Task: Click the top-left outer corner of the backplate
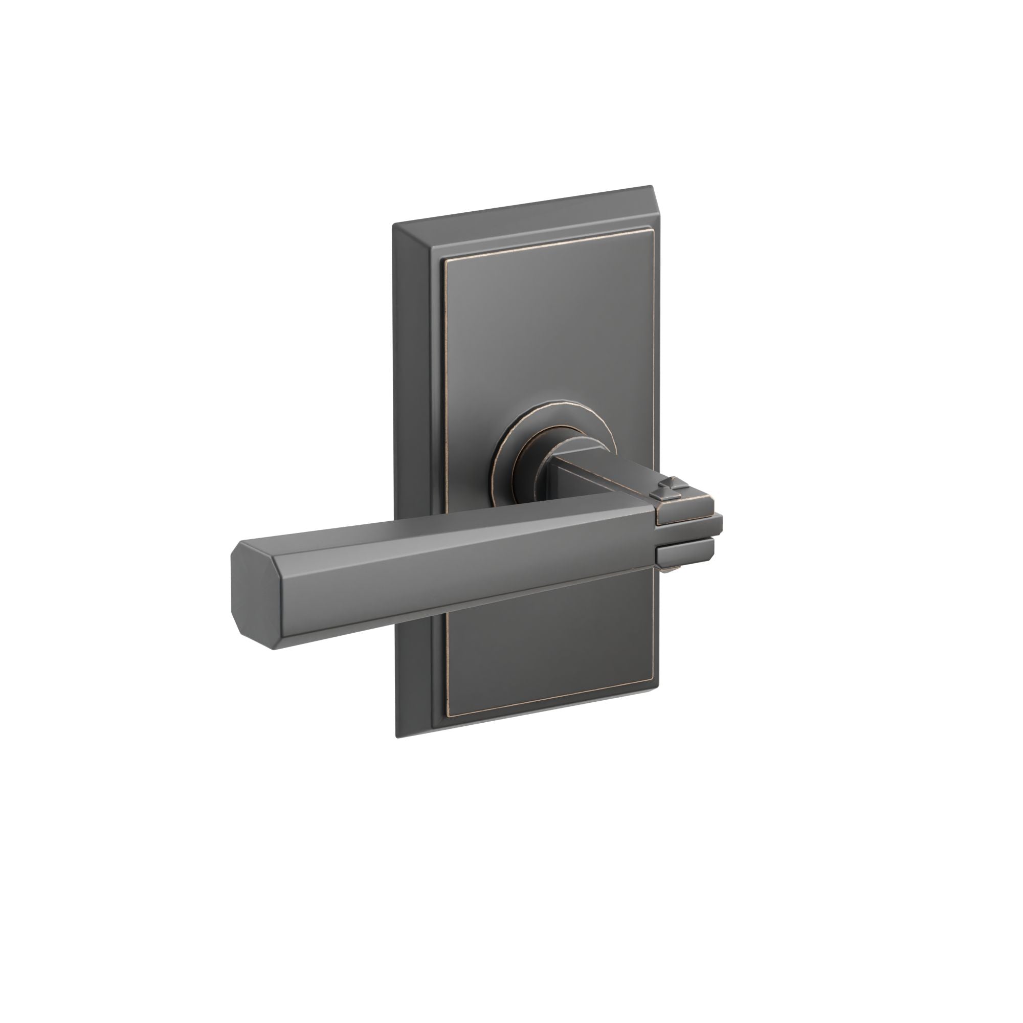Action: (x=393, y=225)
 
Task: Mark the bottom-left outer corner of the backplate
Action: (x=396, y=738)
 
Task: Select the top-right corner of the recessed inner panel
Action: (x=650, y=231)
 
